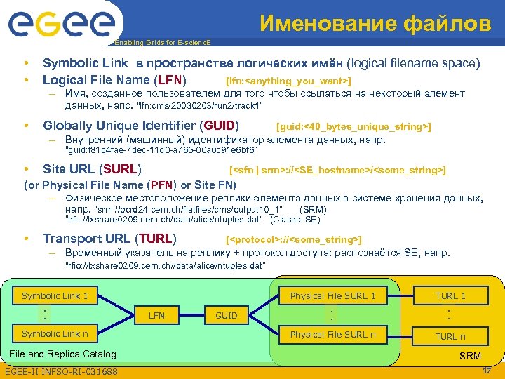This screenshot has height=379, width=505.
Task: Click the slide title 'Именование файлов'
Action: coord(375,24)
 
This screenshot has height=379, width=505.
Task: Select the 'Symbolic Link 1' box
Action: coord(55,295)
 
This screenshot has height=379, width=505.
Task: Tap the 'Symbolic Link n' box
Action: coord(55,334)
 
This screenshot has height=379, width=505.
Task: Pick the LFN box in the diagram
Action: coord(157,316)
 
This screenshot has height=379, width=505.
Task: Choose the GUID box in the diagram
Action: coord(226,316)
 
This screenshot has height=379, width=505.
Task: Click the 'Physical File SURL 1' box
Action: coord(332,295)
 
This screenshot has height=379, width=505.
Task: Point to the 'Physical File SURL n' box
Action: coord(332,334)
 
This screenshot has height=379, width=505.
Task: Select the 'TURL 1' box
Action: coord(450,295)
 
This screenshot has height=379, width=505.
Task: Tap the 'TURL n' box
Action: coord(450,336)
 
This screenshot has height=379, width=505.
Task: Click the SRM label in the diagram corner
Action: coord(470,357)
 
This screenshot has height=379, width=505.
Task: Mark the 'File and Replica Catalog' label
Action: coord(61,354)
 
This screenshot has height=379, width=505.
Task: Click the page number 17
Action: coord(487,370)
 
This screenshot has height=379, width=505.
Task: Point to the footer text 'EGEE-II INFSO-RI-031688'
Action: coord(61,371)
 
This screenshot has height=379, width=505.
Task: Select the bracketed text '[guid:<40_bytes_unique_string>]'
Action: coord(354,126)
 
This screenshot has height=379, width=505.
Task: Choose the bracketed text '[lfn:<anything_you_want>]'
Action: coord(288,81)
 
